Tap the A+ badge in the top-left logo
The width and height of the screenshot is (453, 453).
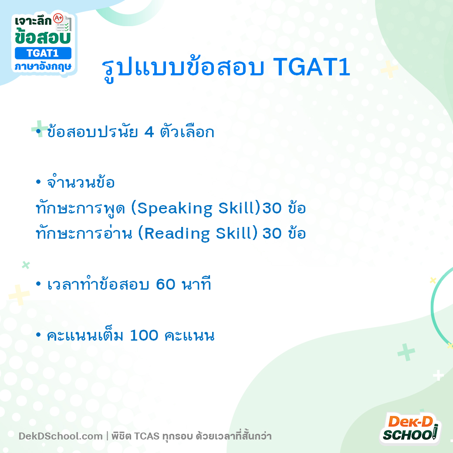(58, 19)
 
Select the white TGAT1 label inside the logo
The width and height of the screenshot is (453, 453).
(43, 53)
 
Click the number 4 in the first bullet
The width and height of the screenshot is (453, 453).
(149, 132)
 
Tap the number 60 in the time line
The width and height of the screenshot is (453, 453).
(166, 285)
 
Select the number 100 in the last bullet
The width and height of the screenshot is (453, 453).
(145, 336)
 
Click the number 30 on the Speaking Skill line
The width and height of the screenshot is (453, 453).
(272, 209)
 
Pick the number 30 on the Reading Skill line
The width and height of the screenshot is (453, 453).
(272, 234)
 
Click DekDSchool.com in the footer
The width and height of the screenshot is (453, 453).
(61, 436)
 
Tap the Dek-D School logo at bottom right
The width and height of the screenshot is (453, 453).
(409, 428)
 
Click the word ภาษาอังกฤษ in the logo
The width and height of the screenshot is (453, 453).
(43, 67)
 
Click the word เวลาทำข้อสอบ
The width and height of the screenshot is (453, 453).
(98, 285)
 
